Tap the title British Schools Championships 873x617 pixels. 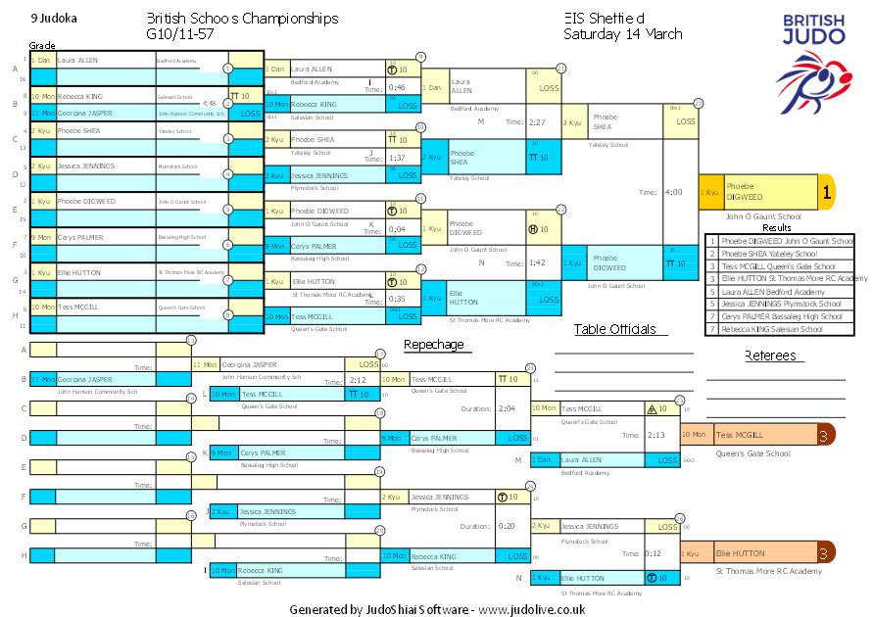click(242, 19)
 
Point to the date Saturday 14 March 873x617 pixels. click(622, 34)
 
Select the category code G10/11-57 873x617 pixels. click(180, 34)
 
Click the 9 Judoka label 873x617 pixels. click(55, 19)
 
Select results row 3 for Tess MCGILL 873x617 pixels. click(779, 265)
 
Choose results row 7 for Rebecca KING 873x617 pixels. click(779, 329)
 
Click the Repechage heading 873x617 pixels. click(433, 345)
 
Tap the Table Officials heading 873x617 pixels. click(614, 330)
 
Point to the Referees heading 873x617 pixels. click(770, 356)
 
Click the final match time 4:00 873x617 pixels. click(674, 192)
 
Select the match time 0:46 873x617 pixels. click(397, 87)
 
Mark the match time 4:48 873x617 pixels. click(209, 102)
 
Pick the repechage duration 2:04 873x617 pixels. click(507, 408)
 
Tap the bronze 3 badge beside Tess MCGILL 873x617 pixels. click(826, 435)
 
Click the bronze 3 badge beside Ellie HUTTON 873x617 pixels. click(826, 553)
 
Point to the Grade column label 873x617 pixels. click(41, 45)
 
